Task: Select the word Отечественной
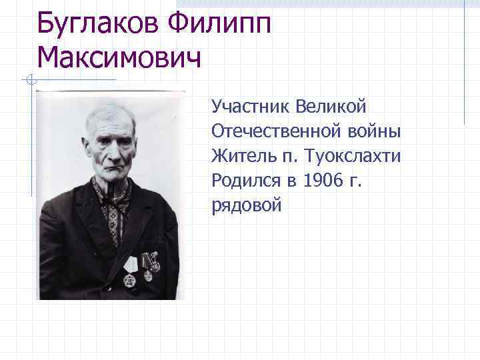(x=270, y=131)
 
